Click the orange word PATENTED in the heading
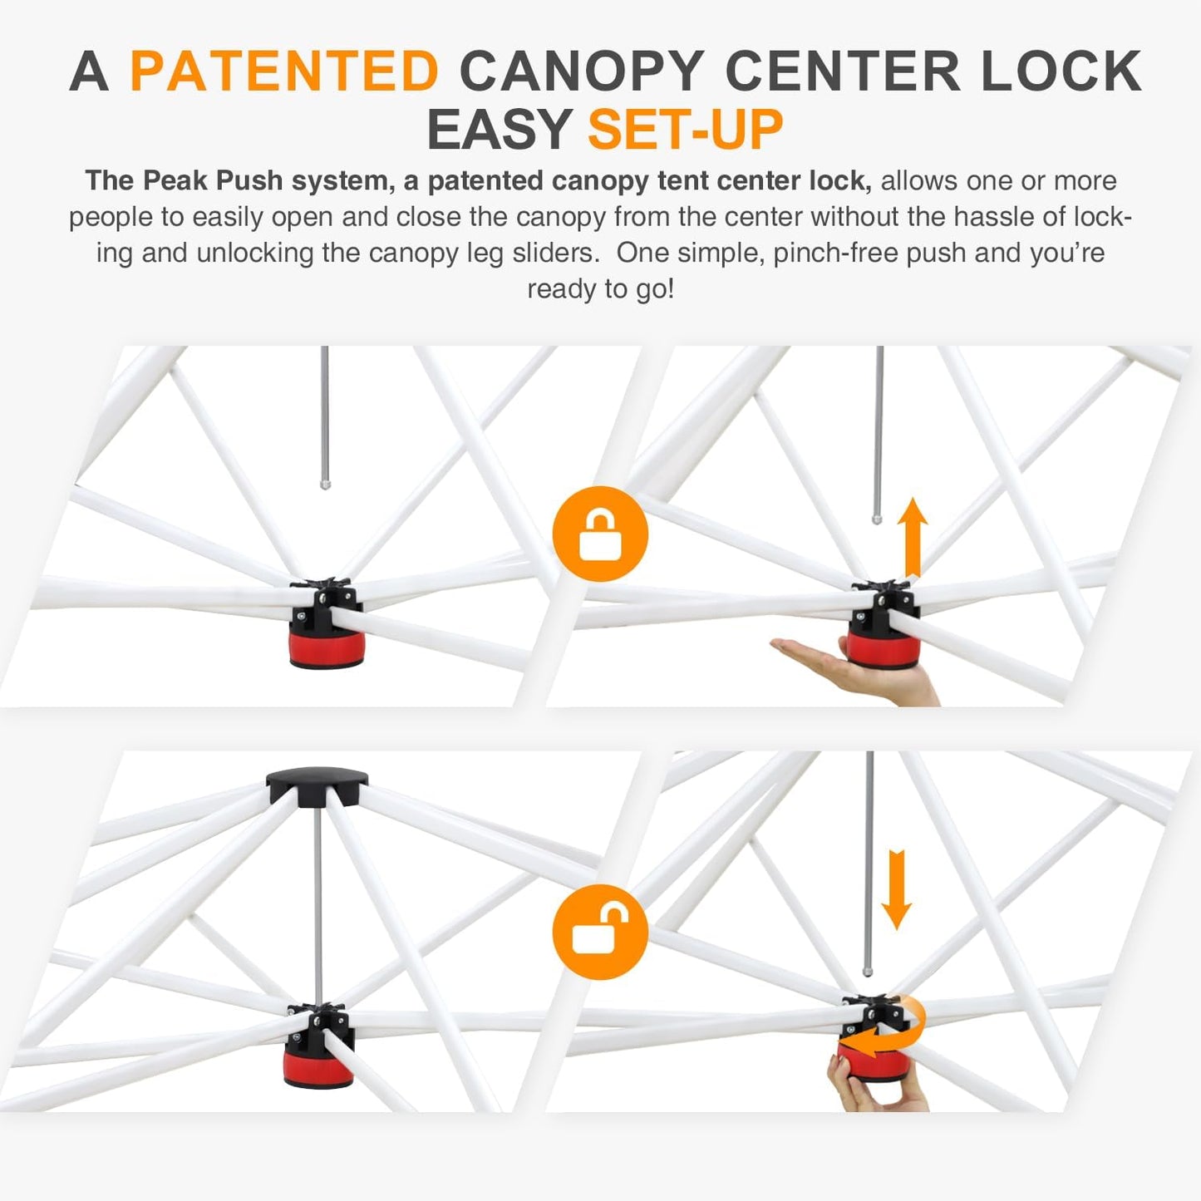pos(284,71)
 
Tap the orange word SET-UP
pos(685,130)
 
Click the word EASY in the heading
pos(499,130)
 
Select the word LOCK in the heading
pos(1061,71)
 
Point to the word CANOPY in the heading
pos(582,71)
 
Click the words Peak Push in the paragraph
pos(213,180)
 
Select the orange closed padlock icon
pos(600,534)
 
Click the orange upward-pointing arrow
pos(913,536)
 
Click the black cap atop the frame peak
pos(317,783)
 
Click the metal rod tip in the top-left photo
pos(325,483)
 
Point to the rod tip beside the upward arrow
pos(877,519)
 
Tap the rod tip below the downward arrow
pos(868,969)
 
